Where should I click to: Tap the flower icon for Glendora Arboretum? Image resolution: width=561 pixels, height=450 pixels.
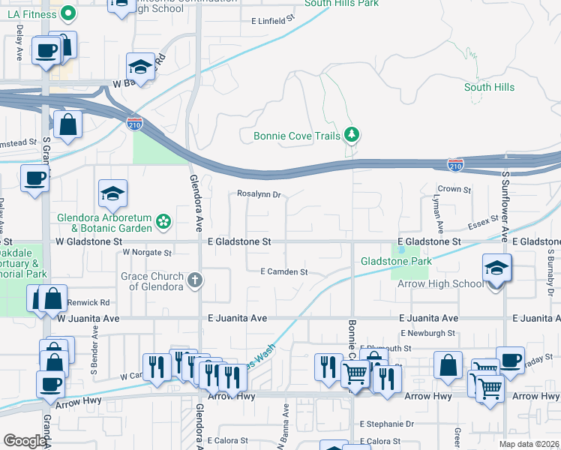tap(163, 220)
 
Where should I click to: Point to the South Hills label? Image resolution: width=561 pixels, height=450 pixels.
tap(489, 88)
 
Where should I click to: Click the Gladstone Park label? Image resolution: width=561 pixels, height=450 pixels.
tap(396, 261)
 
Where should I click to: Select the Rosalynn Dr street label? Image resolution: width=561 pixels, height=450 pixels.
tap(258, 195)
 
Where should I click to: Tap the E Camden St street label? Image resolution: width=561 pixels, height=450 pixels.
tap(283, 271)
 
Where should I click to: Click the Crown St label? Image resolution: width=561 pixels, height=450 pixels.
tap(454, 190)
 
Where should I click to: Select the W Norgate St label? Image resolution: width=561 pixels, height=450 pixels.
tap(147, 253)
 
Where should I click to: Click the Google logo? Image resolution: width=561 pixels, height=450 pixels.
tap(25, 441)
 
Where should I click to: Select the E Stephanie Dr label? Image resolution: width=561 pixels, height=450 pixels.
tap(387, 424)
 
